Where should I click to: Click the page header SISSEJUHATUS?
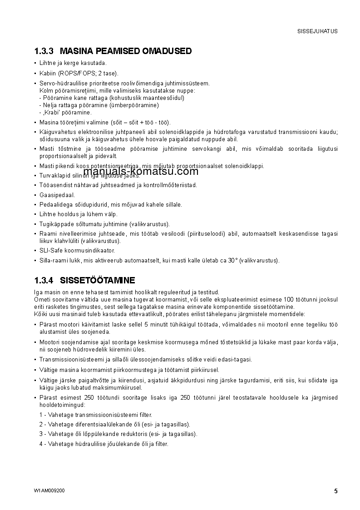(x=317, y=31)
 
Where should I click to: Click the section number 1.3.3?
(x=44, y=51)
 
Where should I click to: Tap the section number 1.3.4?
(x=44, y=280)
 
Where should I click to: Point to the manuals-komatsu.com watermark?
(x=141, y=172)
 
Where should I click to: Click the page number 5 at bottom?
(x=335, y=491)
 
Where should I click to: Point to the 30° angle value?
(x=233, y=260)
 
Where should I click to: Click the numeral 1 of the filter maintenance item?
(x=41, y=415)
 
